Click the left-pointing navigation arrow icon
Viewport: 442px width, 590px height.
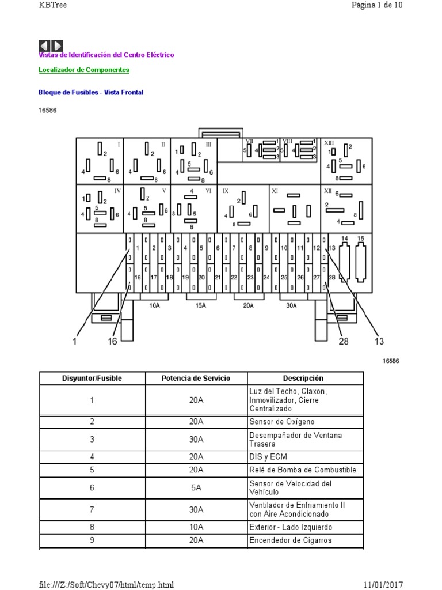(45, 46)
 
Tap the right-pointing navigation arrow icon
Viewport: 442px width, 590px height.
(58, 46)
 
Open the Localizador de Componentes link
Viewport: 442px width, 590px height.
(83, 70)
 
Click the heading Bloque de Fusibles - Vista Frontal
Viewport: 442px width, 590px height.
(90, 92)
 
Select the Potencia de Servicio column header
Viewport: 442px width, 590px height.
(196, 378)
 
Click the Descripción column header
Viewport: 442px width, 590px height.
(303, 378)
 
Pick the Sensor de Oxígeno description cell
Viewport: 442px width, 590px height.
(282, 422)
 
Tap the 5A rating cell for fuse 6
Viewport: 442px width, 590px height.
(196, 487)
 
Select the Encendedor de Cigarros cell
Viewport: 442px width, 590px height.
(290, 540)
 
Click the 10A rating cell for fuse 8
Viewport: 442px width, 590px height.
(196, 527)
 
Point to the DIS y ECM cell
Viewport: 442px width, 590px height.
(268, 456)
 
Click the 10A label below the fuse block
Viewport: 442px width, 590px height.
(154, 305)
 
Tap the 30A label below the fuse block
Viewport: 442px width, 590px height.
(291, 305)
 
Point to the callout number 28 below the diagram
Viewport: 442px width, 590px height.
(343, 341)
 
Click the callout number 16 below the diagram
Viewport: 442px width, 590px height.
(112, 341)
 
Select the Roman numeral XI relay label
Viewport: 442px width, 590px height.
(275, 190)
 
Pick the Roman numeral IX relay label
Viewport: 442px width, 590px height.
(226, 190)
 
